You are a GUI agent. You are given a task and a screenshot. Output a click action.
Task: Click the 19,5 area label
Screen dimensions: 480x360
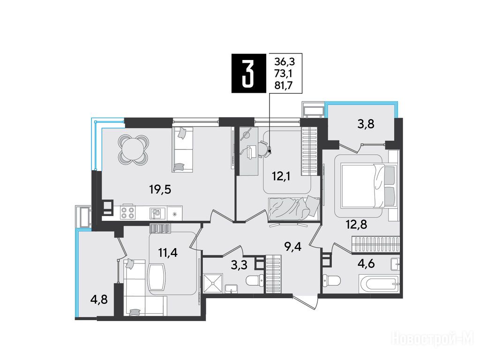(x=160, y=189)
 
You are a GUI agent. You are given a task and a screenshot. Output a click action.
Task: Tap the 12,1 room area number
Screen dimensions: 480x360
(x=281, y=176)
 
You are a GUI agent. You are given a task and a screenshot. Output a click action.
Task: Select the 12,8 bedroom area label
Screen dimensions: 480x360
(x=357, y=225)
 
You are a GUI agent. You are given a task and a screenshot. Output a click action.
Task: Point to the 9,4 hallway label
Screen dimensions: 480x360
(x=293, y=246)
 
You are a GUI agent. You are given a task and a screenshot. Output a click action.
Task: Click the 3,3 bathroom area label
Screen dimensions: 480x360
(x=239, y=265)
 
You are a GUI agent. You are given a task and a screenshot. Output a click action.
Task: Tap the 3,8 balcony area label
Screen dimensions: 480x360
(x=367, y=124)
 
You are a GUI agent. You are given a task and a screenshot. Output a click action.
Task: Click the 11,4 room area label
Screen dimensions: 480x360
(x=168, y=253)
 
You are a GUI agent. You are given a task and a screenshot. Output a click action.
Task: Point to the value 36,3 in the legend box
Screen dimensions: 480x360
(x=285, y=62)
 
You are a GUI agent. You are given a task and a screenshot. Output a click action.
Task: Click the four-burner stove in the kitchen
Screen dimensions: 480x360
(x=127, y=212)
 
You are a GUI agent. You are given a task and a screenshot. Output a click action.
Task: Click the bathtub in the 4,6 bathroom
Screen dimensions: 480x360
(x=379, y=285)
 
